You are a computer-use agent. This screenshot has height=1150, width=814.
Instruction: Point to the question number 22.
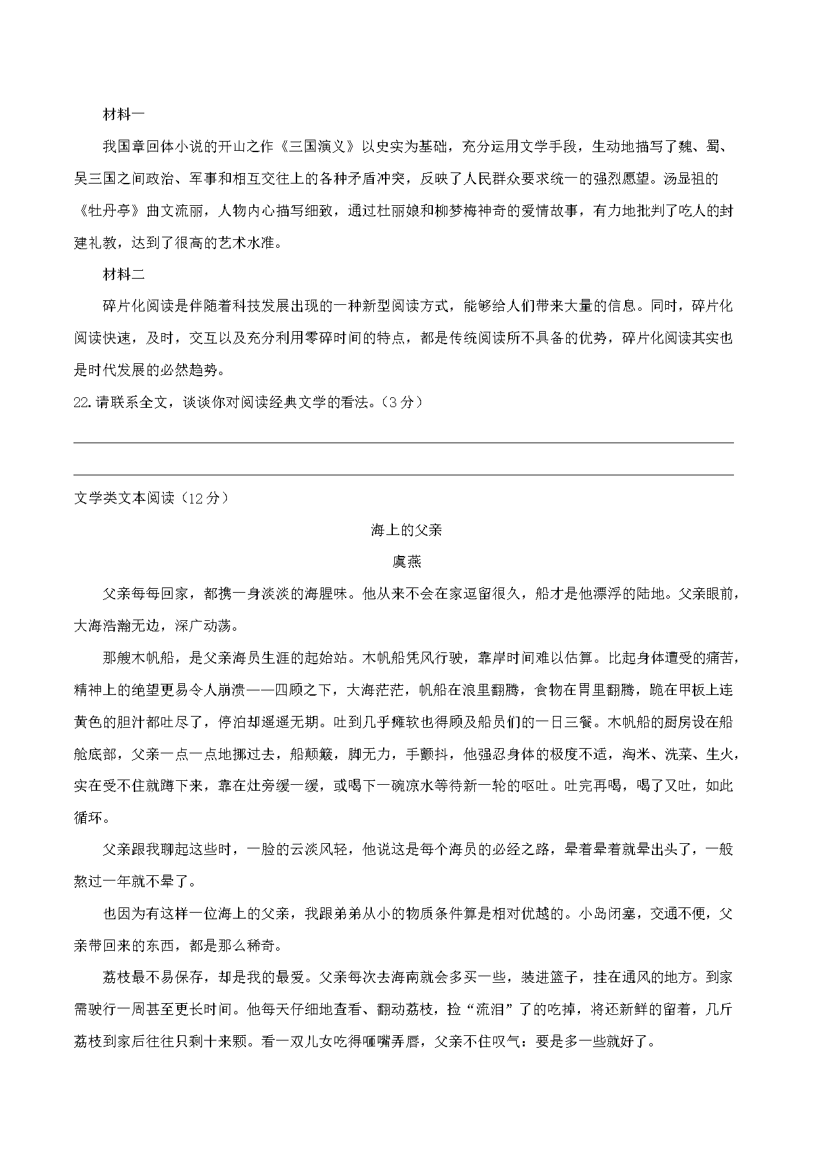click(x=82, y=403)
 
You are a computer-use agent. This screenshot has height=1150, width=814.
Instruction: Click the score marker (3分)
click(x=401, y=403)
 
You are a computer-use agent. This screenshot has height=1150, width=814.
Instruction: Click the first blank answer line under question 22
click(x=403, y=443)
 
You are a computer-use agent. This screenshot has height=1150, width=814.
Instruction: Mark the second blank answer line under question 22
click(x=403, y=475)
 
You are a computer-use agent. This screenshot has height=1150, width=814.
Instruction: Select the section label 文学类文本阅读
click(x=125, y=498)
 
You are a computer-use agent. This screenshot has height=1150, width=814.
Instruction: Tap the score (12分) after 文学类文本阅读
click(x=203, y=498)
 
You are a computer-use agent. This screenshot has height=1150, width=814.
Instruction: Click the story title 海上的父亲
click(x=407, y=530)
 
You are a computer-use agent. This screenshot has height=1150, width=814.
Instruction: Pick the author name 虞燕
click(x=407, y=562)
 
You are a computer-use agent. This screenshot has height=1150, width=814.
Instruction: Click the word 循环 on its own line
click(x=89, y=818)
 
